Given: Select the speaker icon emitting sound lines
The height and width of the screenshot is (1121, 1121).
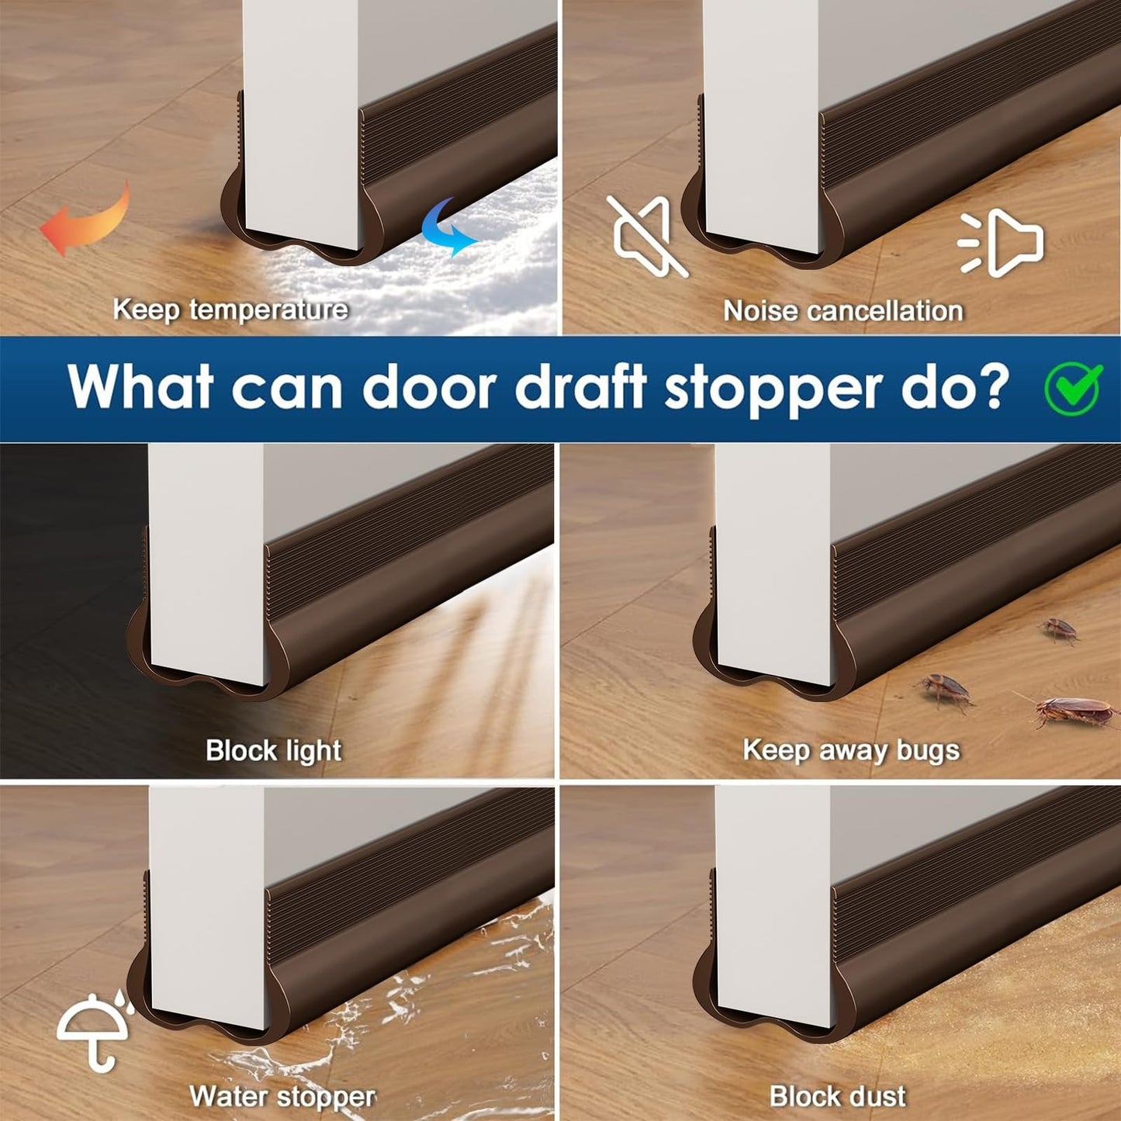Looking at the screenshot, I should click(1002, 243).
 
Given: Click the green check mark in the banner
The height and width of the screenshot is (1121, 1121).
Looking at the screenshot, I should click(1074, 387).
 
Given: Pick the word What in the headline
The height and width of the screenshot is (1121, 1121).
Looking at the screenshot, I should click(140, 386).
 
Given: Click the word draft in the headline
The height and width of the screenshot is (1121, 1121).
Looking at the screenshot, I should click(581, 386).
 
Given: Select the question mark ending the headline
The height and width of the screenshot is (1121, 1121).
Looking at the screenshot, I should click(993, 386).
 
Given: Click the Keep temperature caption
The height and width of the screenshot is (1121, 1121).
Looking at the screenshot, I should click(230, 310).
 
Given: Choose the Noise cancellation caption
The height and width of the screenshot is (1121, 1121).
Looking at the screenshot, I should click(843, 311).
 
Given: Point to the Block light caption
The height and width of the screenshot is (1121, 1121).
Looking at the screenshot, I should click(273, 750).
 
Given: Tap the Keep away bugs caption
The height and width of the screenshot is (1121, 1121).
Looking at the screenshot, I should click(851, 750).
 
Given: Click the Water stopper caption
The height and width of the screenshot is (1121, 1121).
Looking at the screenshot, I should click(282, 1096).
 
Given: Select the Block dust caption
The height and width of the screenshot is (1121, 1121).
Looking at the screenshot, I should click(838, 1096).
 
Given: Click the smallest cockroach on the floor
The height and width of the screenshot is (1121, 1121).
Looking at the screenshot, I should click(1060, 629).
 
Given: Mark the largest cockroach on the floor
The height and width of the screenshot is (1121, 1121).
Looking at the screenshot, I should click(1074, 711).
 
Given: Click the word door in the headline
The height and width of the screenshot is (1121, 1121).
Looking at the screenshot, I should click(429, 386).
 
